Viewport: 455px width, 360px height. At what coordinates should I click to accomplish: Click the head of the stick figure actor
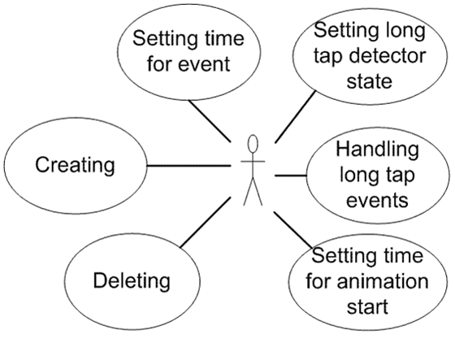tap(253, 144)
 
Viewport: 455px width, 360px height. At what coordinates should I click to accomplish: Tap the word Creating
tap(75, 166)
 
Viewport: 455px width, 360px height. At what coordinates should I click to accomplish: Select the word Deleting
tap(132, 281)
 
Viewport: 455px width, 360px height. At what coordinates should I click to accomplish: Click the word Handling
tap(378, 150)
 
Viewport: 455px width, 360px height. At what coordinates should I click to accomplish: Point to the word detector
tap(388, 56)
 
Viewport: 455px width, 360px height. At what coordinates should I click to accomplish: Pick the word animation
tap(383, 281)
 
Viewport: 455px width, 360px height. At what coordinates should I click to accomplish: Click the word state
tap(370, 81)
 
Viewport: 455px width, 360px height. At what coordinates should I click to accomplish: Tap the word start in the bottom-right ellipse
tap(367, 307)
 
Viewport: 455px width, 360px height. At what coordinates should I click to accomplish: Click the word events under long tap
tap(377, 201)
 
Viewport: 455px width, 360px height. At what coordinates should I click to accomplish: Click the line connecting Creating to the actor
tap(188, 166)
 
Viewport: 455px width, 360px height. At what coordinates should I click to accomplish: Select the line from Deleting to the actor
tap(206, 223)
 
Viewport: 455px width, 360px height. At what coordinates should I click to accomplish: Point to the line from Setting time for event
tap(210, 121)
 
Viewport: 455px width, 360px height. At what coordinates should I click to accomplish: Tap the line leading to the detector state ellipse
tap(295, 117)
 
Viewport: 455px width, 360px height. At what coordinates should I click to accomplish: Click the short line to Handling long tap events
tap(291, 176)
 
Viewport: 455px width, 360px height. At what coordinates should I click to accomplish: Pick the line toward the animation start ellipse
tap(293, 230)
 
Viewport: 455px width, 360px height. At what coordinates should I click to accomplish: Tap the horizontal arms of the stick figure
tap(253, 161)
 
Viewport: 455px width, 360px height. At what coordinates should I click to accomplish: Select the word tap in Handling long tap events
tap(401, 176)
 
